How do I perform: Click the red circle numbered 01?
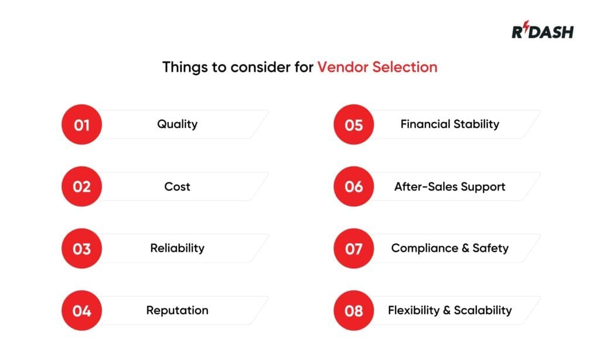[81, 124]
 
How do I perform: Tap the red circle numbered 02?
[81, 186]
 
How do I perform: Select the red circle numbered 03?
[81, 249]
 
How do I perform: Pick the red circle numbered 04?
[81, 311]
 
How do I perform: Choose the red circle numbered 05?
[354, 124]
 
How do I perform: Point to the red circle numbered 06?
[354, 186]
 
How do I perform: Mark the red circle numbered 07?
[354, 249]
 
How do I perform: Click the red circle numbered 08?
[354, 311]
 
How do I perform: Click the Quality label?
[177, 124]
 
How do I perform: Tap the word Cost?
[177, 186]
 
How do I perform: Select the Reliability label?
[177, 248]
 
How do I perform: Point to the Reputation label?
[177, 310]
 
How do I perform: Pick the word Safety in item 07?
[490, 248]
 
